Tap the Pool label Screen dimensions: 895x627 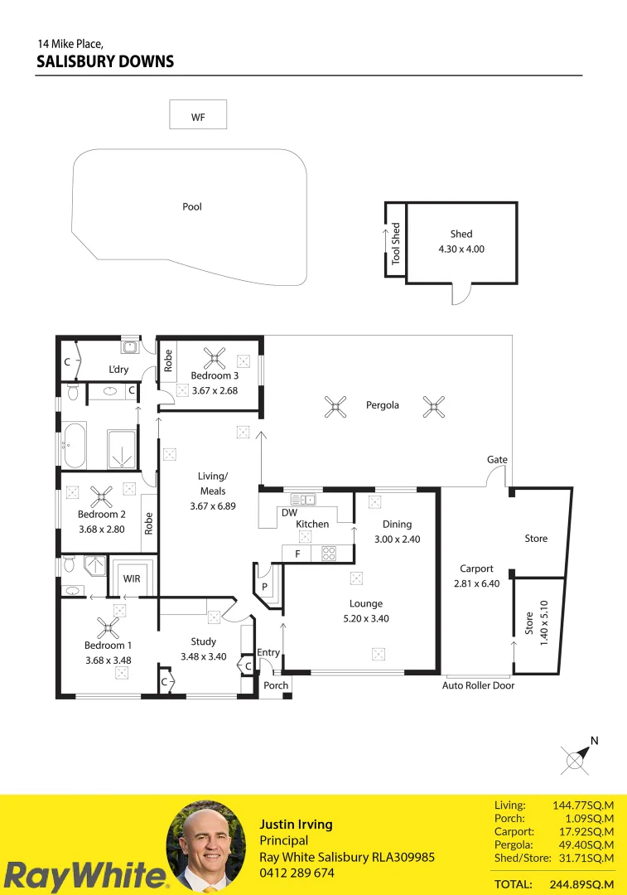(x=192, y=207)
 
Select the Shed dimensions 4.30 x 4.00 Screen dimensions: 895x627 (x=461, y=249)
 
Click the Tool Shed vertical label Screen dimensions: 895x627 (x=396, y=243)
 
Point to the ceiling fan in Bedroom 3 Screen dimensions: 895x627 (x=215, y=359)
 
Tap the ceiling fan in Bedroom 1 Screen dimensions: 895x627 (x=108, y=626)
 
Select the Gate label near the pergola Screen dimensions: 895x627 (x=497, y=460)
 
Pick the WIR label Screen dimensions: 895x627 (x=132, y=578)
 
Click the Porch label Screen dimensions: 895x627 (x=276, y=685)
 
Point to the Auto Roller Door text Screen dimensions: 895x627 (x=478, y=685)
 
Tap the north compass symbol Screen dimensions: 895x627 (x=576, y=757)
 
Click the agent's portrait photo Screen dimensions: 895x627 (x=206, y=845)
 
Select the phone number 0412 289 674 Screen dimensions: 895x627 (x=297, y=873)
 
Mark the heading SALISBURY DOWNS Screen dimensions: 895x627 (x=105, y=61)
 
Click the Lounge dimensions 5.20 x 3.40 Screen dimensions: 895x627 (x=365, y=618)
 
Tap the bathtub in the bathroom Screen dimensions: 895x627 (x=73, y=445)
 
